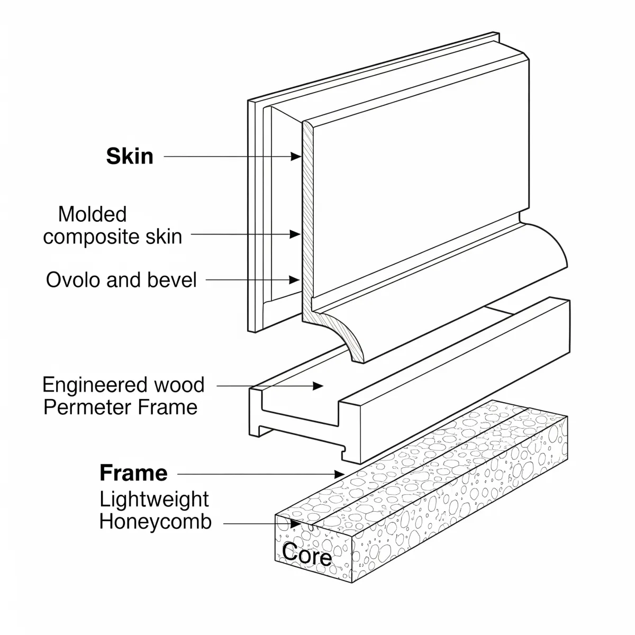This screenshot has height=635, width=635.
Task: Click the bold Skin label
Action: click(130, 157)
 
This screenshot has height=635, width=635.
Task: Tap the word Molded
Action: click(93, 214)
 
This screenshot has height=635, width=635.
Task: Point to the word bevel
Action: click(173, 279)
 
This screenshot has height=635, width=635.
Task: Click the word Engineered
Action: click(94, 385)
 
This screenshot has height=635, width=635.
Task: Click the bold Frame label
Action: click(133, 473)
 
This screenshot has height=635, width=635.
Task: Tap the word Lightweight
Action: click(154, 500)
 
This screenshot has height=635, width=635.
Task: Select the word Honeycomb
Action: click(156, 522)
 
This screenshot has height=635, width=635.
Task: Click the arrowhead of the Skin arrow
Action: click(296, 157)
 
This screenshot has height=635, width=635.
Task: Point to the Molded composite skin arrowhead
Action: click(296, 233)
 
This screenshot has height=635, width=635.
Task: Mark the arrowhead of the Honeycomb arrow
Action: click(296, 523)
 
